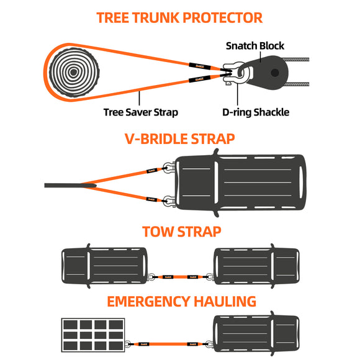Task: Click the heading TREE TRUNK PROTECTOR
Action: pos(179,17)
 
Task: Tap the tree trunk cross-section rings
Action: pos(73,72)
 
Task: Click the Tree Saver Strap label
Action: pos(140,112)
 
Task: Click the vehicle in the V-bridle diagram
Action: pos(239,184)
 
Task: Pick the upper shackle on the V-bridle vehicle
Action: pos(168,168)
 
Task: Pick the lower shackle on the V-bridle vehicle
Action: pos(168,200)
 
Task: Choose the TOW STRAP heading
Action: pos(179,232)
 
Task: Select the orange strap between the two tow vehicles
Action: pos(181,277)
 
